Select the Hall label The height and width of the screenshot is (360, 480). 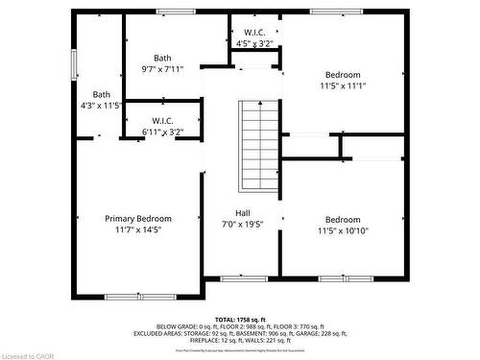[x=244, y=212]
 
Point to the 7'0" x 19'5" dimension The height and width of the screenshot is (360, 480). [x=244, y=224]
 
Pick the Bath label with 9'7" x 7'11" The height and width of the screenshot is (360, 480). [x=160, y=58]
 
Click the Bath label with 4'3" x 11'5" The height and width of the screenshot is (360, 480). [x=101, y=94]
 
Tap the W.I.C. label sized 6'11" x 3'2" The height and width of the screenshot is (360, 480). [x=160, y=120]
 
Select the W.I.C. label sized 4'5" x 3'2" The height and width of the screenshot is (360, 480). [x=255, y=33]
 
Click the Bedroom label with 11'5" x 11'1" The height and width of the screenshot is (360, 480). [x=342, y=75]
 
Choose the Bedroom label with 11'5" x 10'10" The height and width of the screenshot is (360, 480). [x=342, y=219]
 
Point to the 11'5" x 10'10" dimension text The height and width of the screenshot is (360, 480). [x=342, y=230]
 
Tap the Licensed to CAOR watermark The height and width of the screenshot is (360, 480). [x=28, y=354]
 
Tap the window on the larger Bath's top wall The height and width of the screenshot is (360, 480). [x=175, y=11]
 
